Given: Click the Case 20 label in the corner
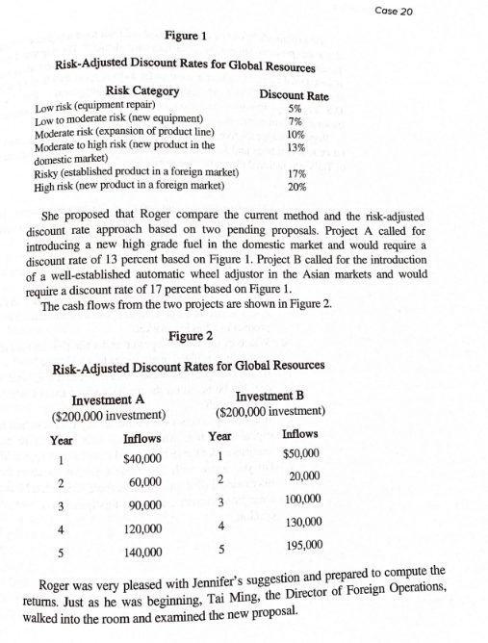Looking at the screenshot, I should [x=449, y=10].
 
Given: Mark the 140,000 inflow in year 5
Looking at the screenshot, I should [x=144, y=553].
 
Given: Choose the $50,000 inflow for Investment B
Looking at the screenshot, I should [x=300, y=453].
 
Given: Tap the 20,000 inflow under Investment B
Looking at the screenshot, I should [x=301, y=476].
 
